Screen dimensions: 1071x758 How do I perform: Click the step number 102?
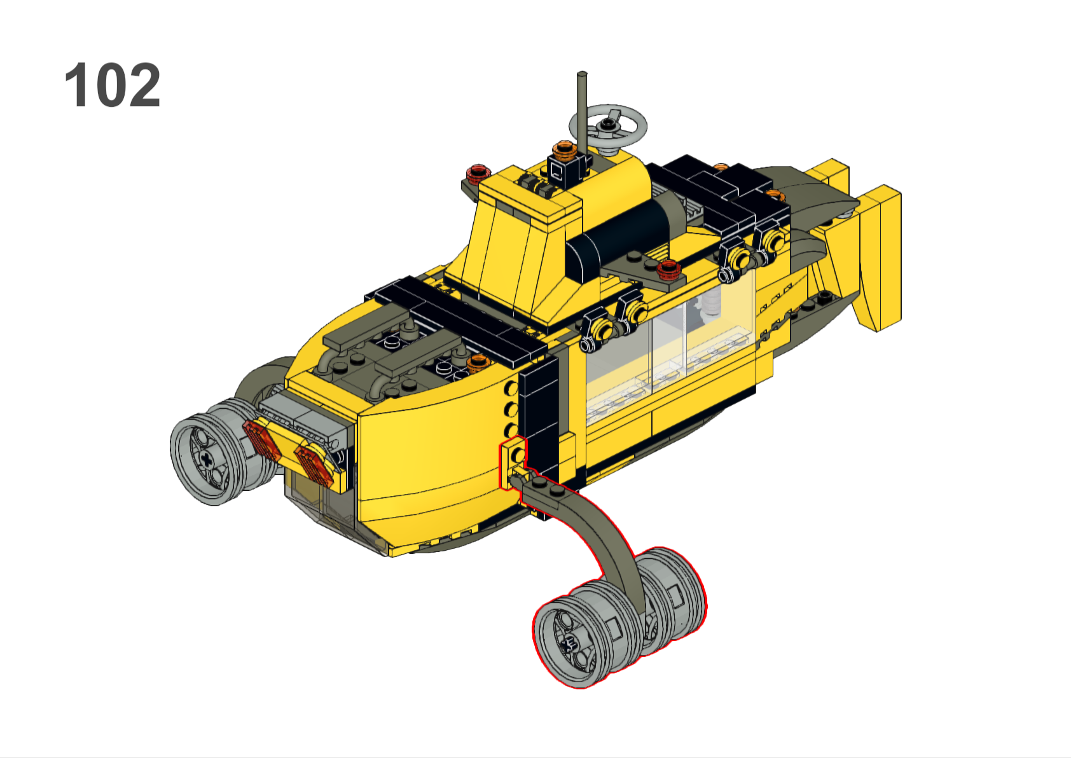click(x=113, y=85)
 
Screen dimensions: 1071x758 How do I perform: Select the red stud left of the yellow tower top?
click(x=479, y=174)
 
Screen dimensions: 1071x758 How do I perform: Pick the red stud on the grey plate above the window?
click(x=668, y=269)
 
